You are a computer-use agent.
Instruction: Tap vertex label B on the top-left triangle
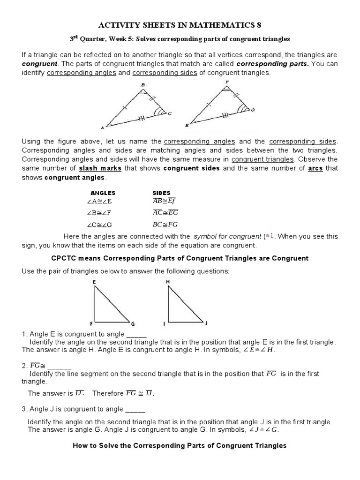143,85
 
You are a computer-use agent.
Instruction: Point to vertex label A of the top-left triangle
103,127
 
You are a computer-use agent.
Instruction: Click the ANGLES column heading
103,193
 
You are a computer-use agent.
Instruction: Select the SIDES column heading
162,193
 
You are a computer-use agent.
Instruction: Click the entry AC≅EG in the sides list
165,212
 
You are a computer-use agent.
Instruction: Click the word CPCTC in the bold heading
62,258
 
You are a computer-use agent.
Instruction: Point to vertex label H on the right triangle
168,281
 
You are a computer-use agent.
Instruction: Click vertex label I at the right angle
165,323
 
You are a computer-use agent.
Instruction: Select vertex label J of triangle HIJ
206,323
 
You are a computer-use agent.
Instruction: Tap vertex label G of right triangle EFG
133,323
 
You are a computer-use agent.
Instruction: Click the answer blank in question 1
136,334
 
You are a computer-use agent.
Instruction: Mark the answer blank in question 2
60,366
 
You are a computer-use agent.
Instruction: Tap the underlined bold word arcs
315,168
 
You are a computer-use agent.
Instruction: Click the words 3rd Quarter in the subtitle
87,38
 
